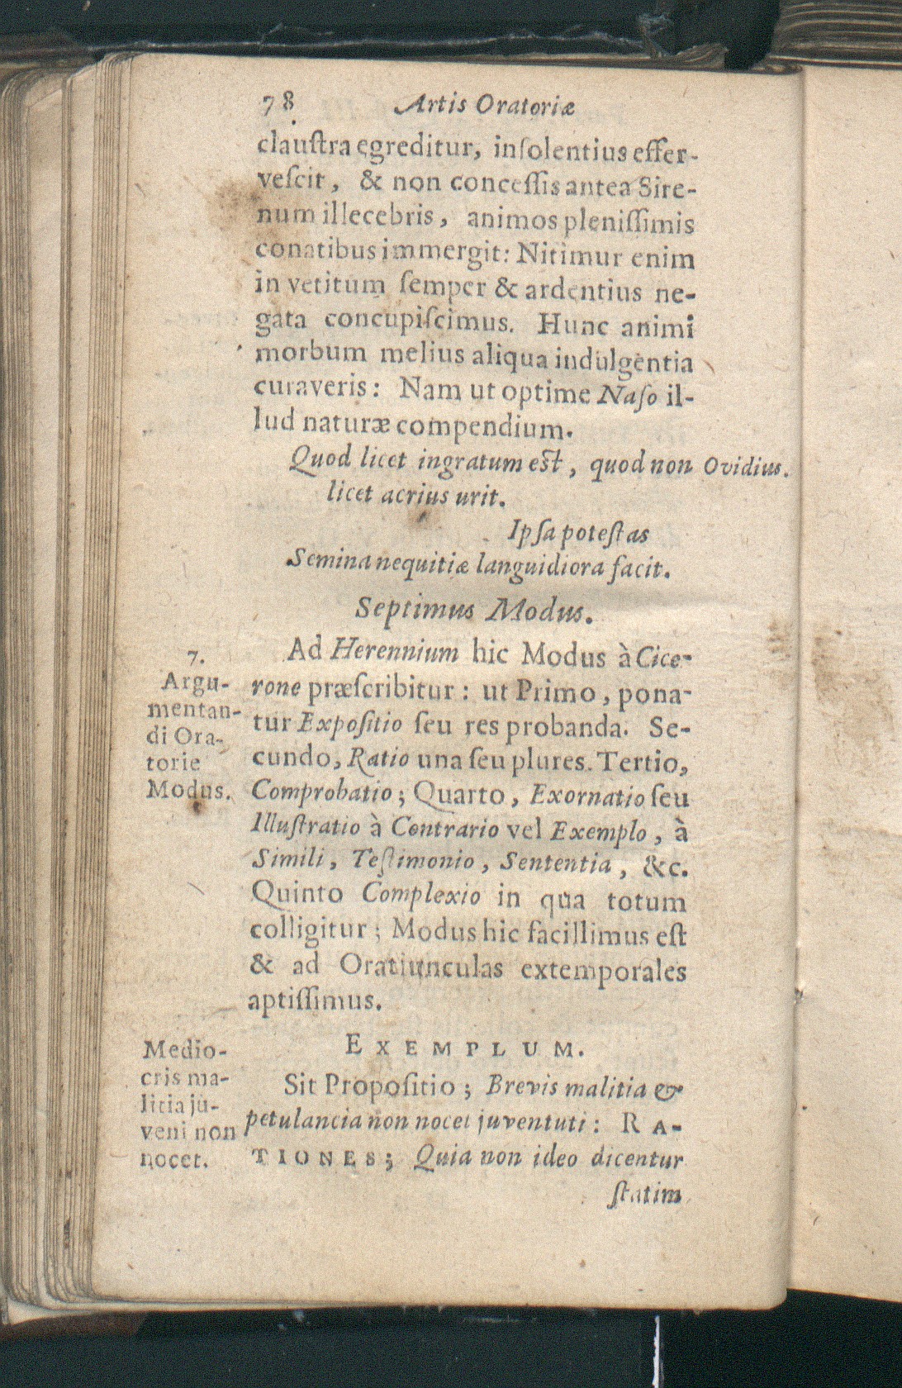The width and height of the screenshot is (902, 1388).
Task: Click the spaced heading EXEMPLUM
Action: coord(465,1049)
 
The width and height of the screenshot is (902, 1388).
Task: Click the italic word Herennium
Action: coord(394,653)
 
